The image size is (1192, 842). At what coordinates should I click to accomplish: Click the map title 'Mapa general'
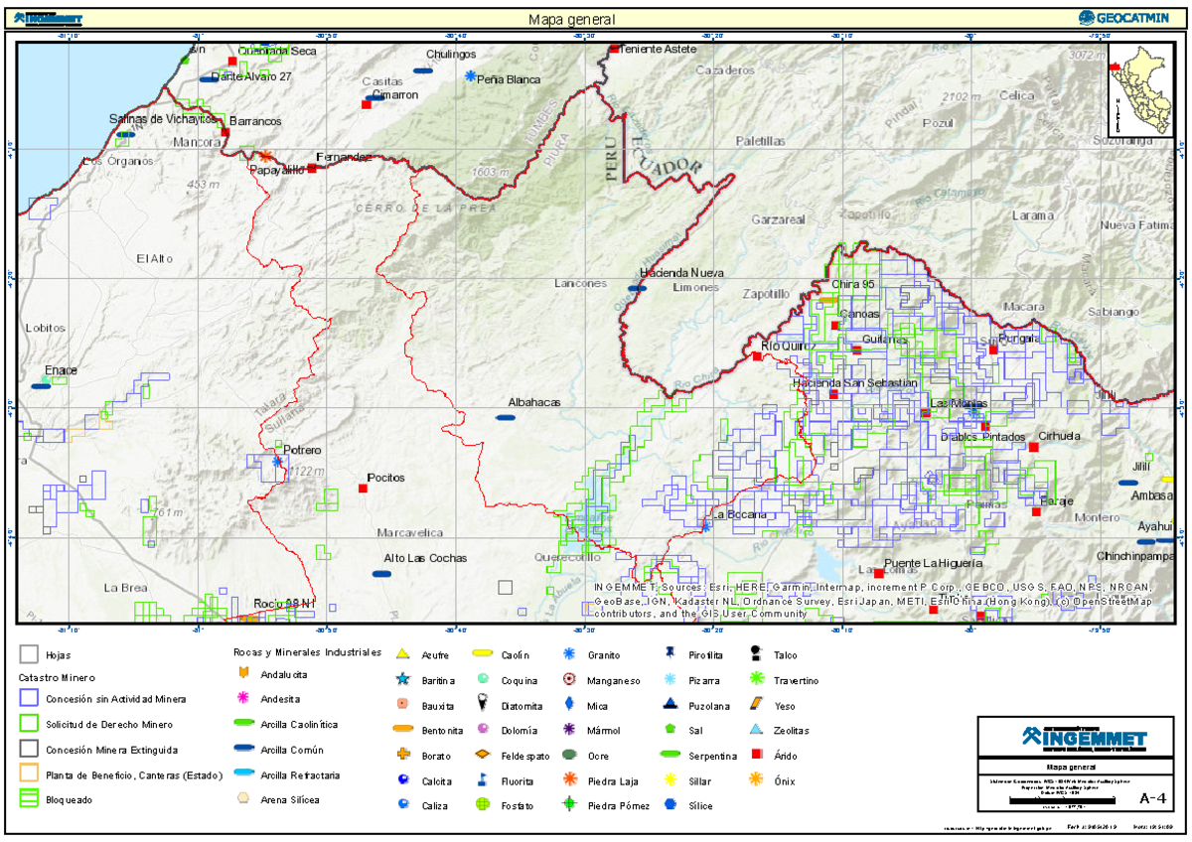pyautogui.click(x=571, y=19)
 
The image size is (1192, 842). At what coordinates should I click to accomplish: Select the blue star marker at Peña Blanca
pyautogui.click(x=470, y=76)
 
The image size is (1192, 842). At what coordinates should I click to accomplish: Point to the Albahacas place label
pyautogui.click(x=534, y=402)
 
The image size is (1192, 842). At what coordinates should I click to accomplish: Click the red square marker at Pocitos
pyautogui.click(x=363, y=488)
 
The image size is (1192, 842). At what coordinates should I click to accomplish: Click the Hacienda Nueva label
pyautogui.click(x=681, y=272)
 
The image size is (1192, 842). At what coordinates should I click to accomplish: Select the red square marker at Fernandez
pyautogui.click(x=312, y=168)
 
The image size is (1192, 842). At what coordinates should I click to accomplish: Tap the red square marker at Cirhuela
pyautogui.click(x=1033, y=447)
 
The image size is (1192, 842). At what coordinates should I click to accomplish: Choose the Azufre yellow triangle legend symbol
pyautogui.click(x=402, y=654)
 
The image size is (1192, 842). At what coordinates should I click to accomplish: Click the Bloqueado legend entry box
pyautogui.click(x=29, y=798)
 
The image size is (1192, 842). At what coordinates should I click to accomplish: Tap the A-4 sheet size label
pyautogui.click(x=1152, y=797)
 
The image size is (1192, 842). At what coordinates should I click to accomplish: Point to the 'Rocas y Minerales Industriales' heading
pyautogui.click(x=307, y=652)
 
